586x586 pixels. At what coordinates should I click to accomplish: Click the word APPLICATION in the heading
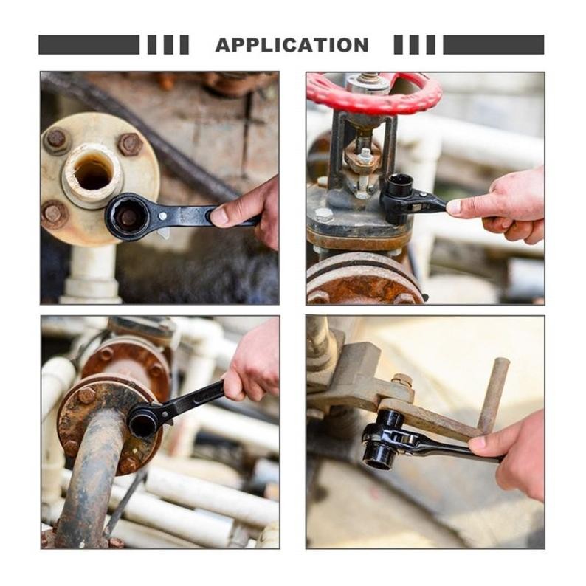[x=292, y=45]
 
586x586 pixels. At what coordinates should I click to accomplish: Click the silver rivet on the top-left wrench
[x=162, y=216]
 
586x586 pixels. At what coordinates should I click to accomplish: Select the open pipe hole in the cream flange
[x=94, y=173]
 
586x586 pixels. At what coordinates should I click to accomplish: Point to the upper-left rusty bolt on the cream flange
[x=56, y=138]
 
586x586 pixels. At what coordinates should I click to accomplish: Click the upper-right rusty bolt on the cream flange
[x=130, y=144]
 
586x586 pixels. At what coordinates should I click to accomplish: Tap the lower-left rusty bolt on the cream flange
[x=55, y=214]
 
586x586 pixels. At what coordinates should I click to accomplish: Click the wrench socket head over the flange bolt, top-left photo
[x=128, y=217]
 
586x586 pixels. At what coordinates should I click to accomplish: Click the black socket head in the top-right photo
[x=399, y=198]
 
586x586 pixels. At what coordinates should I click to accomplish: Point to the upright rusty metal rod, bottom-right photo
[x=494, y=396]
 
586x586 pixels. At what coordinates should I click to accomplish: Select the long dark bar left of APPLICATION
[x=89, y=45]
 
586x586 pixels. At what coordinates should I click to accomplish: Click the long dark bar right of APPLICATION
[x=493, y=45]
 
